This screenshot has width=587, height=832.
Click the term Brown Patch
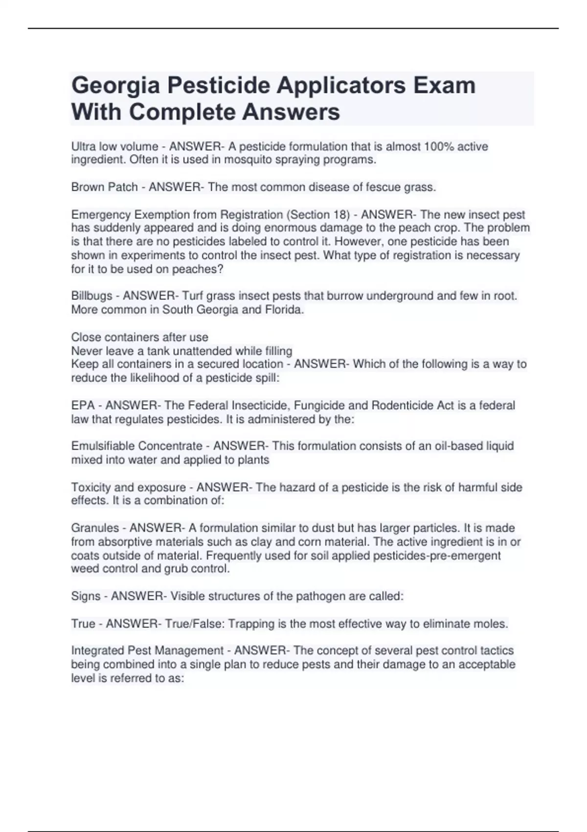104,187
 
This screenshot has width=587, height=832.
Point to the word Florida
284,309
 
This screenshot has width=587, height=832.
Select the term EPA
83,405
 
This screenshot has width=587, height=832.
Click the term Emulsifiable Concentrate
136,446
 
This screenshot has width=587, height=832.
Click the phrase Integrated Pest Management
147,650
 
